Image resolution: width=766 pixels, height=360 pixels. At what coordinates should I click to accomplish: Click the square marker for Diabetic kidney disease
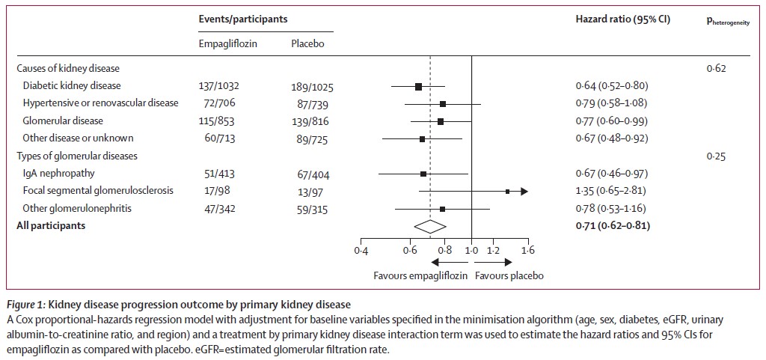[x=418, y=86]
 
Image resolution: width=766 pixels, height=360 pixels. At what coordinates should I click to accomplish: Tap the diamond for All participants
[x=430, y=225]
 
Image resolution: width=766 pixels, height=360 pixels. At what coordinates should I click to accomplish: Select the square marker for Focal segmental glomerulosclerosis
[x=508, y=192]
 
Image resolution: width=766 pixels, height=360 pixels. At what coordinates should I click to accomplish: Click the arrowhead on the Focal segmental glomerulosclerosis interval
[x=524, y=192]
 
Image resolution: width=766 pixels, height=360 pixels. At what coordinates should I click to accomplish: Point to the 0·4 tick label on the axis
[x=361, y=249]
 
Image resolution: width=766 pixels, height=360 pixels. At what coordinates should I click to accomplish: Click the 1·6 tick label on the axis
[x=528, y=249]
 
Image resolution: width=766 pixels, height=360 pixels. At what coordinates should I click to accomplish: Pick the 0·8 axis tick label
[x=445, y=249]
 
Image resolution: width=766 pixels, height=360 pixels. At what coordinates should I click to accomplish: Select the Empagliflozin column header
[x=227, y=43]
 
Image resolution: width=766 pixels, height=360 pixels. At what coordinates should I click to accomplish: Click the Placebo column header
[x=307, y=43]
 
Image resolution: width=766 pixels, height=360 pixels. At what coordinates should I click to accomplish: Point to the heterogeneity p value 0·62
[x=717, y=69]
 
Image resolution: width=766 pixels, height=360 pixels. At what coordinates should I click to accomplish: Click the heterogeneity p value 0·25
[x=717, y=157]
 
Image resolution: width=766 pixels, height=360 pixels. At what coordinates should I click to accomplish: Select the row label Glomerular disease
[x=63, y=120]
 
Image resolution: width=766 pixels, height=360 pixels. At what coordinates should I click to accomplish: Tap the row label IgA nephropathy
[x=59, y=174]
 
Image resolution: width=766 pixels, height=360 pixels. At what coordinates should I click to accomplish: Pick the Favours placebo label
[x=509, y=275]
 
